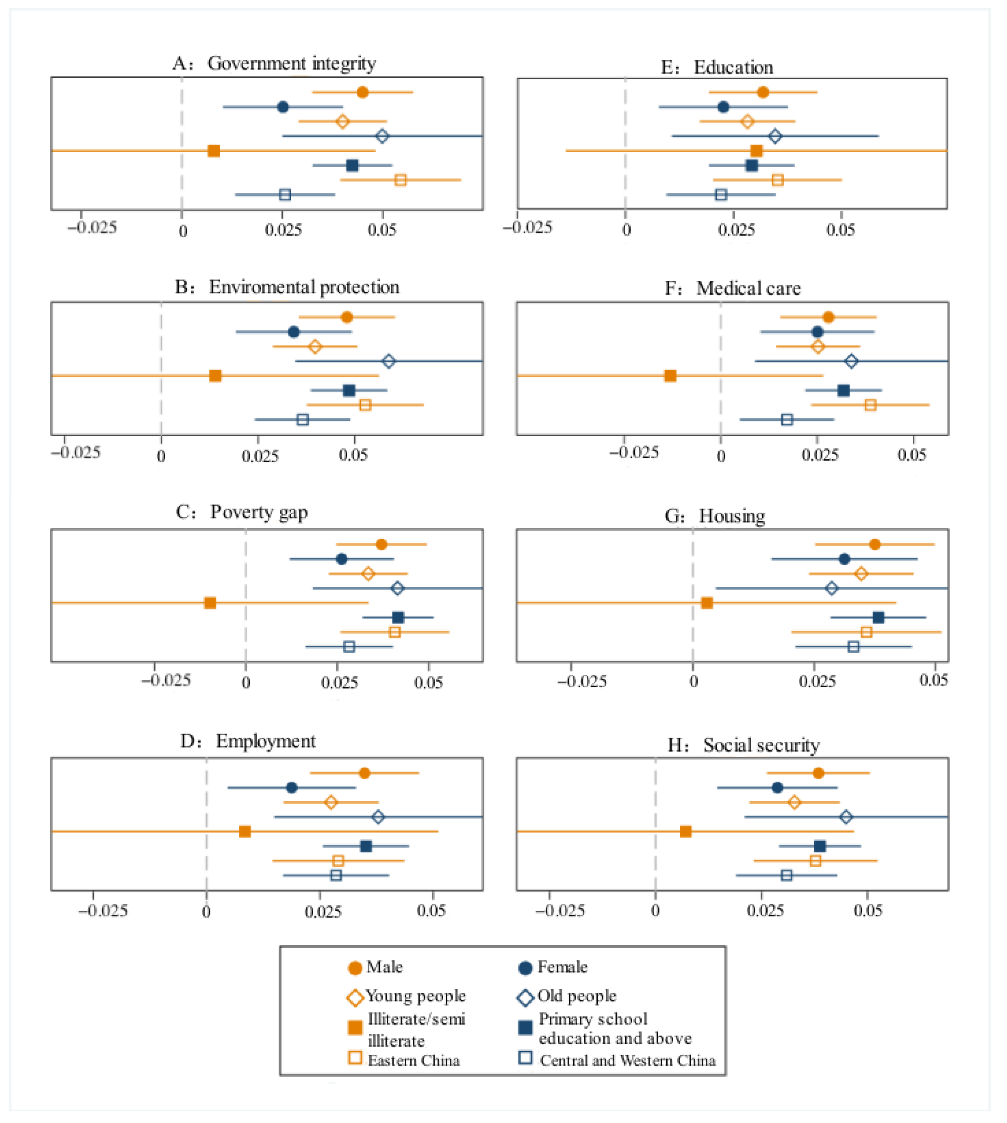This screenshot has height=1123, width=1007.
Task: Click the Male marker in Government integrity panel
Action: [362, 92]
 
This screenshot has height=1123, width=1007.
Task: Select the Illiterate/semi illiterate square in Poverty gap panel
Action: [210, 603]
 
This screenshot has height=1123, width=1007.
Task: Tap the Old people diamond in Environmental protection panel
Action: [389, 361]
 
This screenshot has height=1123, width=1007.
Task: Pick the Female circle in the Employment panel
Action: [292, 787]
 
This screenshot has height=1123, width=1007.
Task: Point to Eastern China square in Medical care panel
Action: [870, 405]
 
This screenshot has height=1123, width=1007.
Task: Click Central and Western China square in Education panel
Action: [721, 195]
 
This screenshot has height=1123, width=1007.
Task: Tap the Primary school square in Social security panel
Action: [820, 846]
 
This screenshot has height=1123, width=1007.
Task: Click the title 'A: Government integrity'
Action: [274, 64]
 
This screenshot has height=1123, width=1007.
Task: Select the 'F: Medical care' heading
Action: [733, 289]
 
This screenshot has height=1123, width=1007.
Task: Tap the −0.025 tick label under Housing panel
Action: [581, 681]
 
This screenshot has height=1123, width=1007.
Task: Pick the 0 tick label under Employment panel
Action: [206, 912]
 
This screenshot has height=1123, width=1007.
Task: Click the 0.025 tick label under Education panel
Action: [736, 229]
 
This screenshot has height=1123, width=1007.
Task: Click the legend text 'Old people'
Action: [576, 996]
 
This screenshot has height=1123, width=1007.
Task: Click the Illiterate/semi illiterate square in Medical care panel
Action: [670, 376]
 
